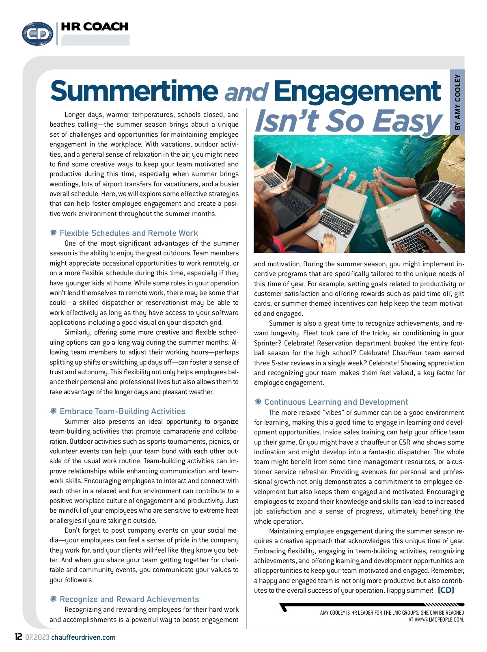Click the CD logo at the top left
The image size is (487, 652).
(37, 34)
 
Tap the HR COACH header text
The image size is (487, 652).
(95, 27)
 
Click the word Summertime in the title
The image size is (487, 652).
(134, 91)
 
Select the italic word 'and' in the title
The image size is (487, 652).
(246, 93)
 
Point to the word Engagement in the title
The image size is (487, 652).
(357, 91)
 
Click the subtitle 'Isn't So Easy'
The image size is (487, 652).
(348, 121)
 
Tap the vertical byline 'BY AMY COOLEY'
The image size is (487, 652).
(457, 102)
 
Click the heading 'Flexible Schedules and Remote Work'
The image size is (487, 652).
(129, 233)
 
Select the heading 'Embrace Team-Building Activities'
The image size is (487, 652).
(122, 411)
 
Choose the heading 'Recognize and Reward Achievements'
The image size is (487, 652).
(129, 599)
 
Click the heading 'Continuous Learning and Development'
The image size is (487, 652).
(336, 402)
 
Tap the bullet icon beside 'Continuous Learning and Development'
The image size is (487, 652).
(258, 402)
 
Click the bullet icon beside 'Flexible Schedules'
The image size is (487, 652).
(53, 233)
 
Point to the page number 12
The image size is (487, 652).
(18, 637)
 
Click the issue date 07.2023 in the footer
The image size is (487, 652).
(37, 637)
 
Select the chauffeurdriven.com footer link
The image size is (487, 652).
(83, 637)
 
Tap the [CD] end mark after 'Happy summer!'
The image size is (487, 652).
(446, 590)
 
